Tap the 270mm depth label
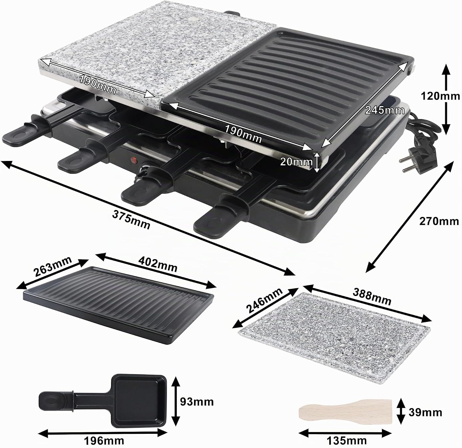(439, 221)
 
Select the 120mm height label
(441, 96)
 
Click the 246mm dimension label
(265, 301)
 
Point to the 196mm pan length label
(105, 440)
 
